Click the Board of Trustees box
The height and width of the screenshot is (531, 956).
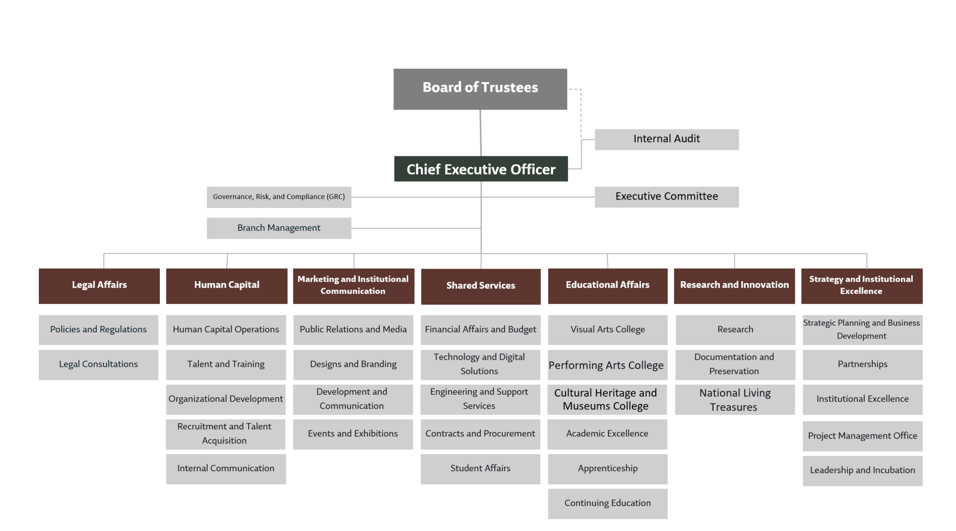point(480,89)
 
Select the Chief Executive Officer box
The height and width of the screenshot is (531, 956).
point(481,169)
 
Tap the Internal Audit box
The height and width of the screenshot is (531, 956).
point(667,139)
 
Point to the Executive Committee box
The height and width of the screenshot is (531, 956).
point(667,197)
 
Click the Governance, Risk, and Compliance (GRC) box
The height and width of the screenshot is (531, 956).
point(279,197)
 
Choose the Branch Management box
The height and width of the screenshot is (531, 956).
point(279,228)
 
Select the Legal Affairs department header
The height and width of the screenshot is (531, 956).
point(99,286)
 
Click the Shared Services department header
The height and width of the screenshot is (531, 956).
point(480,287)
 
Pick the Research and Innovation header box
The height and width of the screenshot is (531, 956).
point(734,286)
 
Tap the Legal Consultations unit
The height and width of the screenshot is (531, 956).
point(99,365)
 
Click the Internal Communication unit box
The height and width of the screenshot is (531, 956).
point(226,469)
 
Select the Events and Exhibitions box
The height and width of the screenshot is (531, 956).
point(353,434)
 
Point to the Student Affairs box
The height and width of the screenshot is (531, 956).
point(480,469)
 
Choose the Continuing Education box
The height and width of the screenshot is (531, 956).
point(608,504)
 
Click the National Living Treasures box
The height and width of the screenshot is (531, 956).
point(735,400)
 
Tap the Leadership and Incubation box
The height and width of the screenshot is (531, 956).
point(862,471)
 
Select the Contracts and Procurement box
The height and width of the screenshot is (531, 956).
point(480,434)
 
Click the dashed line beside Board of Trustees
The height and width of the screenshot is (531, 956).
point(581,114)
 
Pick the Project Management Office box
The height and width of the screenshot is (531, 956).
point(862,436)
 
